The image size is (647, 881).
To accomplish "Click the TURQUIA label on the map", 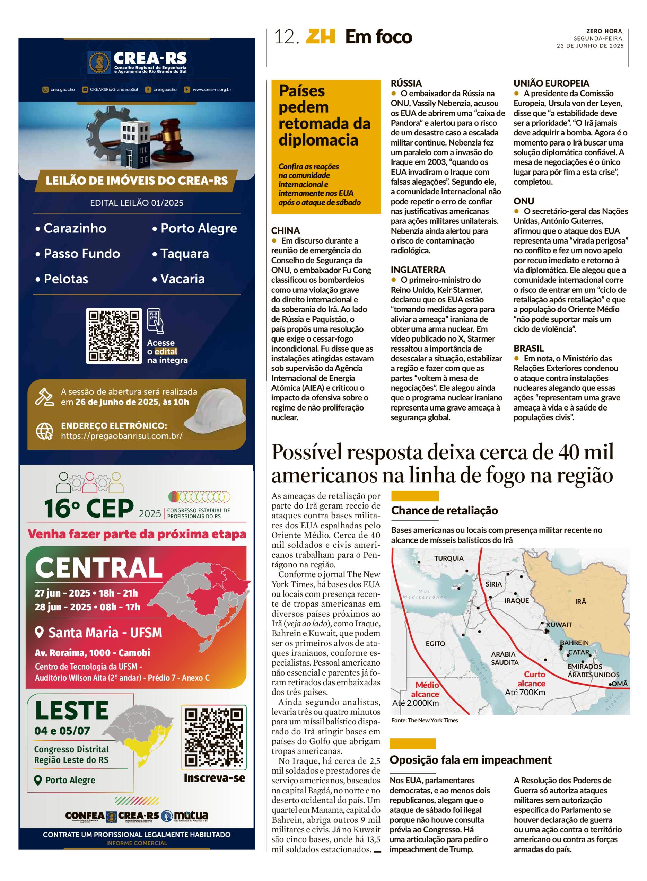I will point(448,558).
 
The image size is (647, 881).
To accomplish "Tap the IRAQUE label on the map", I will point(516,600).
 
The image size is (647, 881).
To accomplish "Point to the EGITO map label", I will point(435,643).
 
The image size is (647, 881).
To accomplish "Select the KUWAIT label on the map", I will point(559,625).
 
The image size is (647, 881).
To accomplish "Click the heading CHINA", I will point(286,231).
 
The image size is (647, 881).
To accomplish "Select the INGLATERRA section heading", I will point(418,270).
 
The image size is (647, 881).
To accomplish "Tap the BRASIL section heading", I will point(528,348).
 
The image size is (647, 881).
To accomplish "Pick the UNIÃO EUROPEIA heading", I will point(551,83).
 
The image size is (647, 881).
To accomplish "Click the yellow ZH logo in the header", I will point(320,37).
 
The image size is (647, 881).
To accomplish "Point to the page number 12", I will point(286,37).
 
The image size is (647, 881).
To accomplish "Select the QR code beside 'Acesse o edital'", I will point(114,336).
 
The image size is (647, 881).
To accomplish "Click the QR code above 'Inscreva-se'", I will point(214,737).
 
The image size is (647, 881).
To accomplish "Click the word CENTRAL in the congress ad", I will point(99,568).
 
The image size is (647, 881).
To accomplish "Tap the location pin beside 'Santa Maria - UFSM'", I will point(39,632).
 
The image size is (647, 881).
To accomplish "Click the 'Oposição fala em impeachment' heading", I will point(470,760).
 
